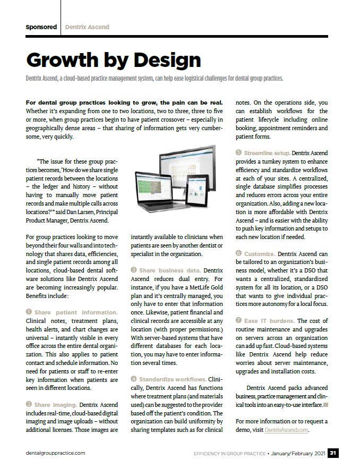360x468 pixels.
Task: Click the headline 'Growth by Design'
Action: click(113, 60)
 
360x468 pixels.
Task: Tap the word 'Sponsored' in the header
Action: click(41, 27)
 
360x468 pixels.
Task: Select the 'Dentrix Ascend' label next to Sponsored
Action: click(87, 27)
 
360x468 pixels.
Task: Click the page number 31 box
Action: click(333, 453)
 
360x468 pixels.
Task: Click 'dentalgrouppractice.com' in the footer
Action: click(55, 453)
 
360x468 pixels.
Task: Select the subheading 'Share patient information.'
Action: click(75, 312)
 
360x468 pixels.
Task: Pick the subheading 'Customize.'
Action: click(259, 254)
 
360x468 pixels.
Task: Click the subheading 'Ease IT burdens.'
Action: click(269, 321)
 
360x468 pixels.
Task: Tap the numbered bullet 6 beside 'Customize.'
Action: click(238, 254)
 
